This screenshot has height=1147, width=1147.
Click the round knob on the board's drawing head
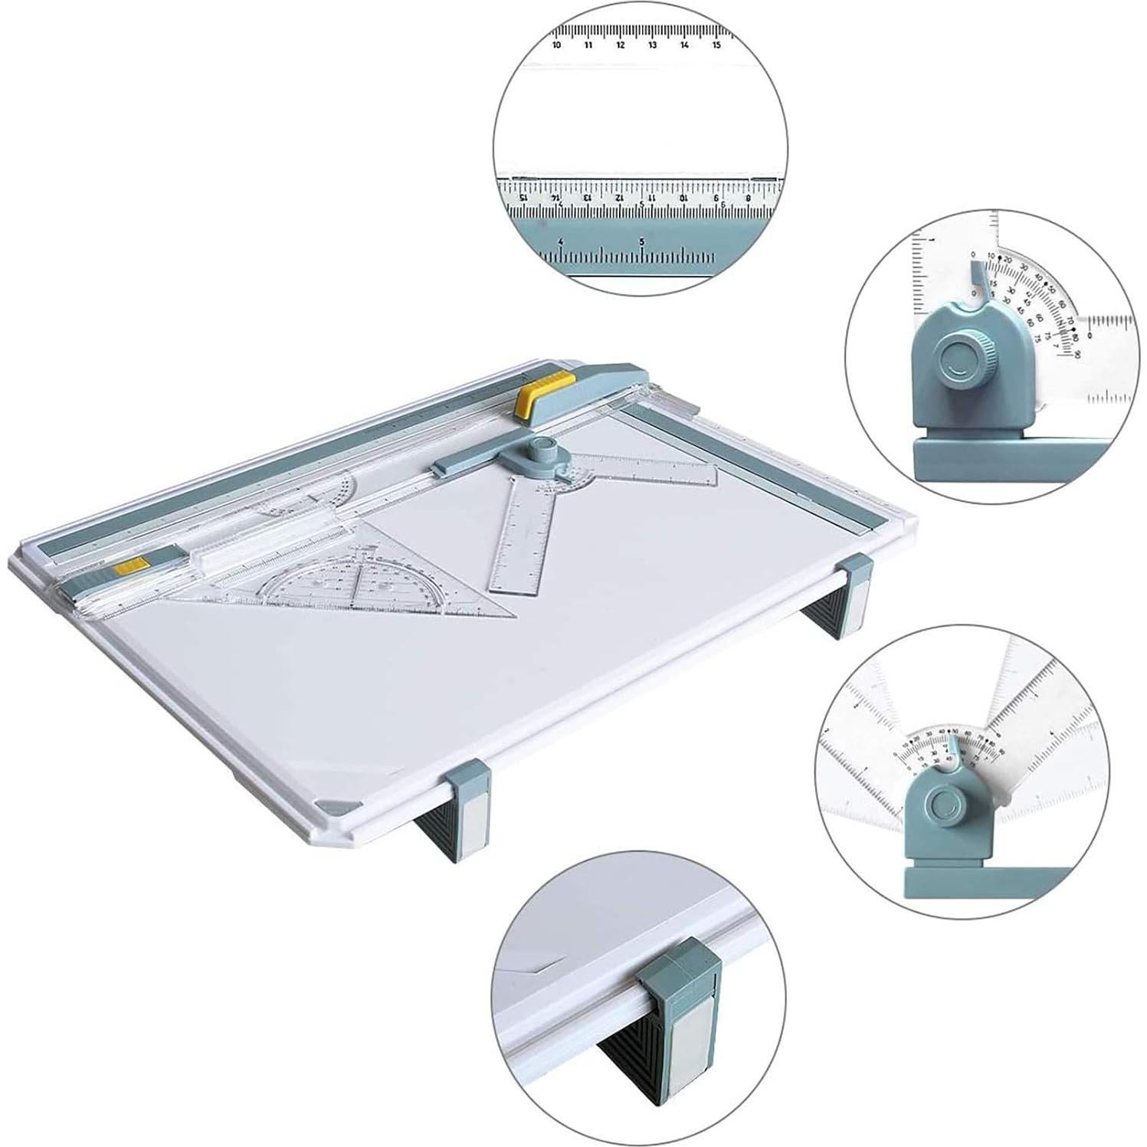(542, 446)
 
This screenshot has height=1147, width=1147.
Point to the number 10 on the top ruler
(556, 45)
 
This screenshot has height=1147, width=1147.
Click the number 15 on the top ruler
(716, 45)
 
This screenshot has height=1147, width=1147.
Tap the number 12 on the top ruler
(620, 45)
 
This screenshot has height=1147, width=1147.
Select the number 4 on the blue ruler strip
(561, 241)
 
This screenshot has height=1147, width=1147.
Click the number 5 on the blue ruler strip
(641, 241)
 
